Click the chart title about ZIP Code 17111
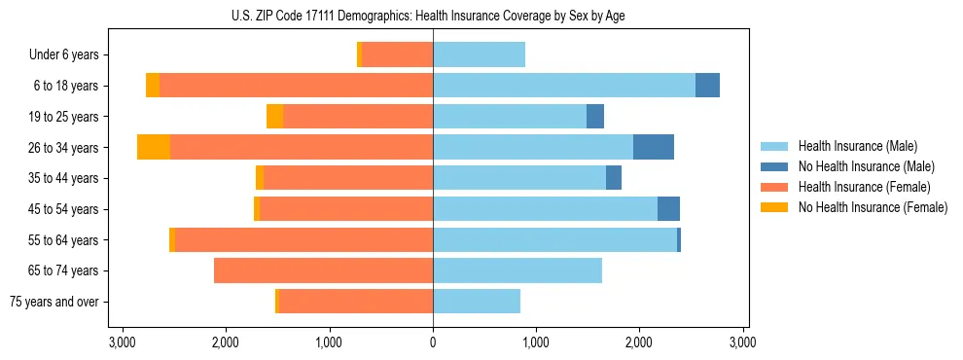433,16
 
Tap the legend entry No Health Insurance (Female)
873,207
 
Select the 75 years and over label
53,302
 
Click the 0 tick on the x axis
433,342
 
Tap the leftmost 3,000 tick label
123,342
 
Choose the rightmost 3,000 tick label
743,342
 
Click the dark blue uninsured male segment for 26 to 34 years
654,147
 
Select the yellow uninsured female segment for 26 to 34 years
154,147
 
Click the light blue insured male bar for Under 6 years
479,54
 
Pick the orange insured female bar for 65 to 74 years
323,270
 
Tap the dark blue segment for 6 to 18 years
707,86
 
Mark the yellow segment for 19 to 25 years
274,116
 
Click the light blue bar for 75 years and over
477,302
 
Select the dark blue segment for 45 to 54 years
668,208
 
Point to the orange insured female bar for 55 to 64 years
303,239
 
